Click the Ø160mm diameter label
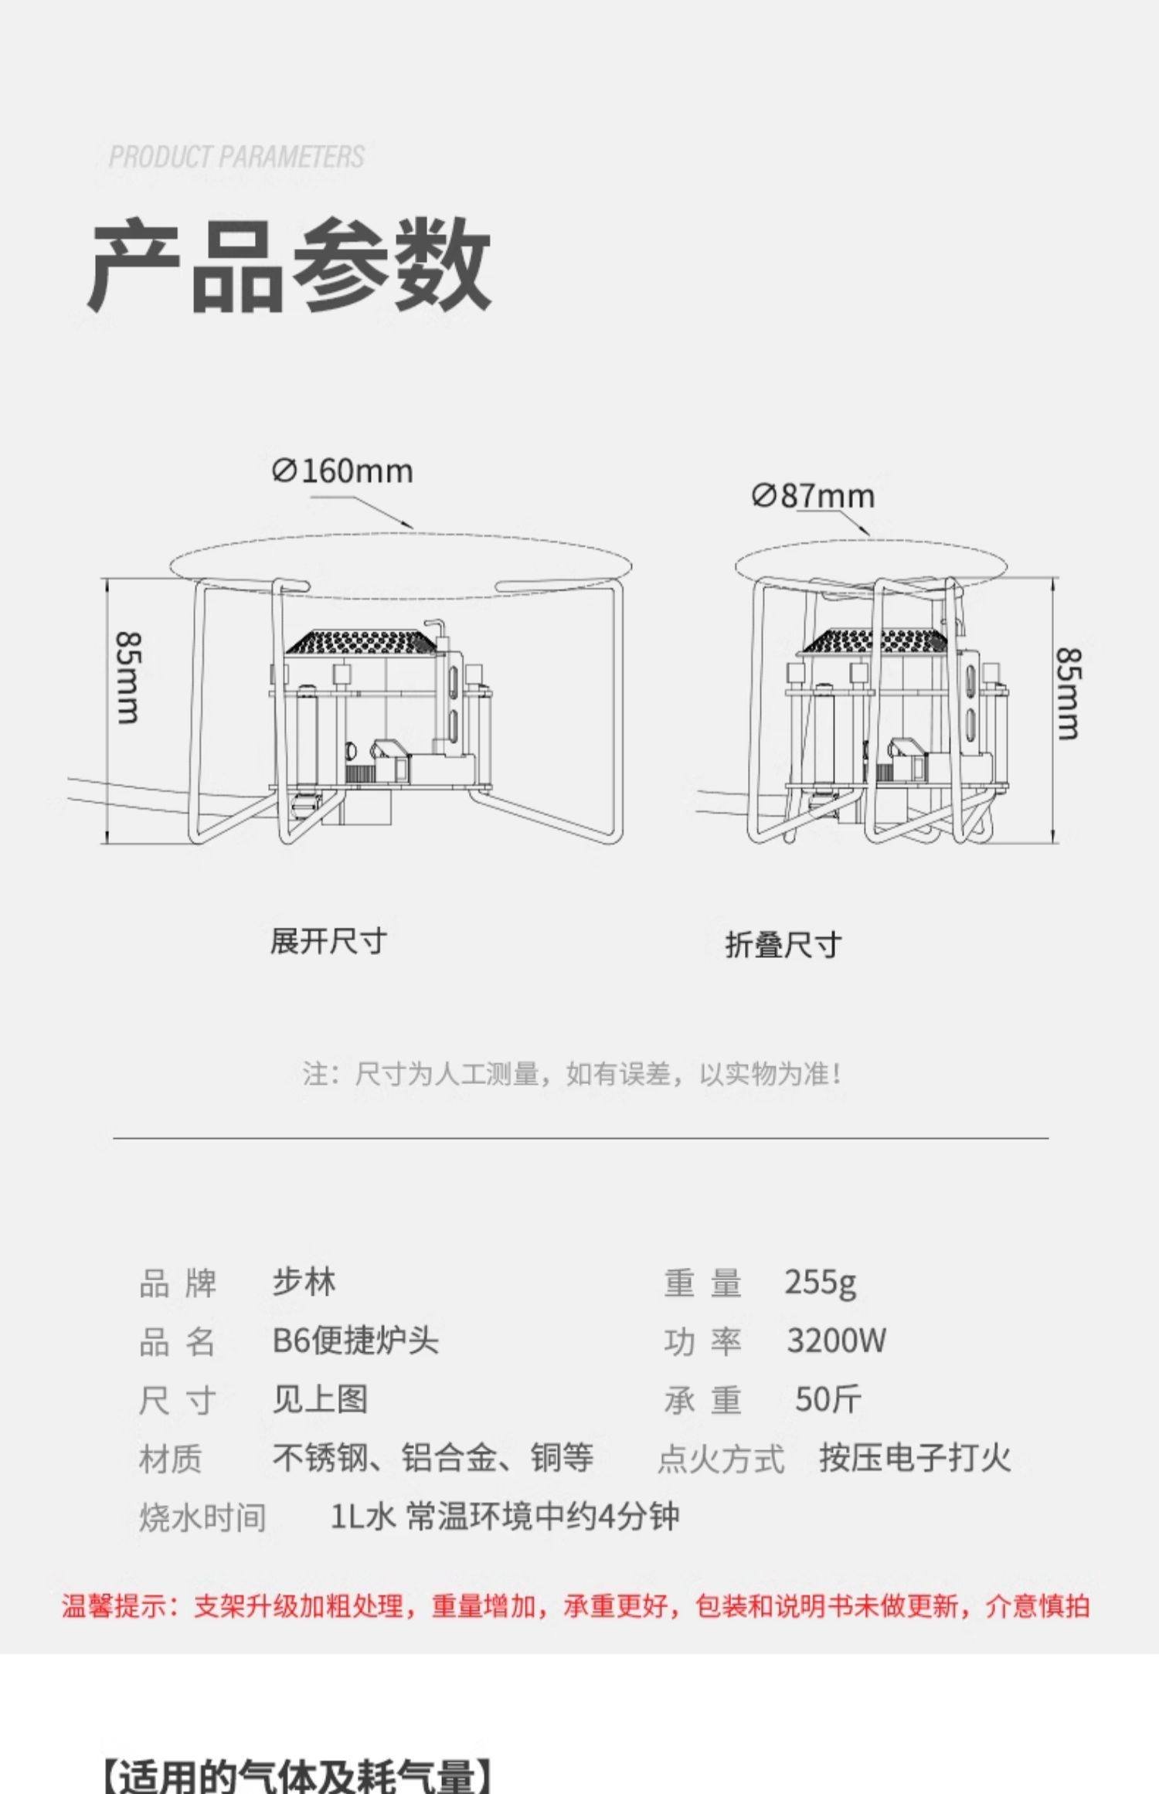pos(343,471)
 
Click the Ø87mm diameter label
pos(813,495)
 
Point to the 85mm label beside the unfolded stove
pos(128,678)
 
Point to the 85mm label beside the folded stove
pos(1069,693)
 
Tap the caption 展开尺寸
pos(328,941)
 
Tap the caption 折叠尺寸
pos(783,944)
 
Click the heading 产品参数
pos(290,265)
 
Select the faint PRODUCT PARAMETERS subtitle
pos(236,157)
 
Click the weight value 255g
pos(820,1283)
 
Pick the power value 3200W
pos(836,1341)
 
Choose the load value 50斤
pos(828,1399)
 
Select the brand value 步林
pos(304,1283)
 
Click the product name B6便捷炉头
pos(355,1341)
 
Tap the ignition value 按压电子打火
pos(915,1458)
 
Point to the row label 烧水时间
pos(202,1517)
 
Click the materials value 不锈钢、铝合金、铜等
pos(433,1458)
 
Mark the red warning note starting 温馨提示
pos(576,1605)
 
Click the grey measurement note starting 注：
pos(572,1074)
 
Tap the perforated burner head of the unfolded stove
pos(359,641)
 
